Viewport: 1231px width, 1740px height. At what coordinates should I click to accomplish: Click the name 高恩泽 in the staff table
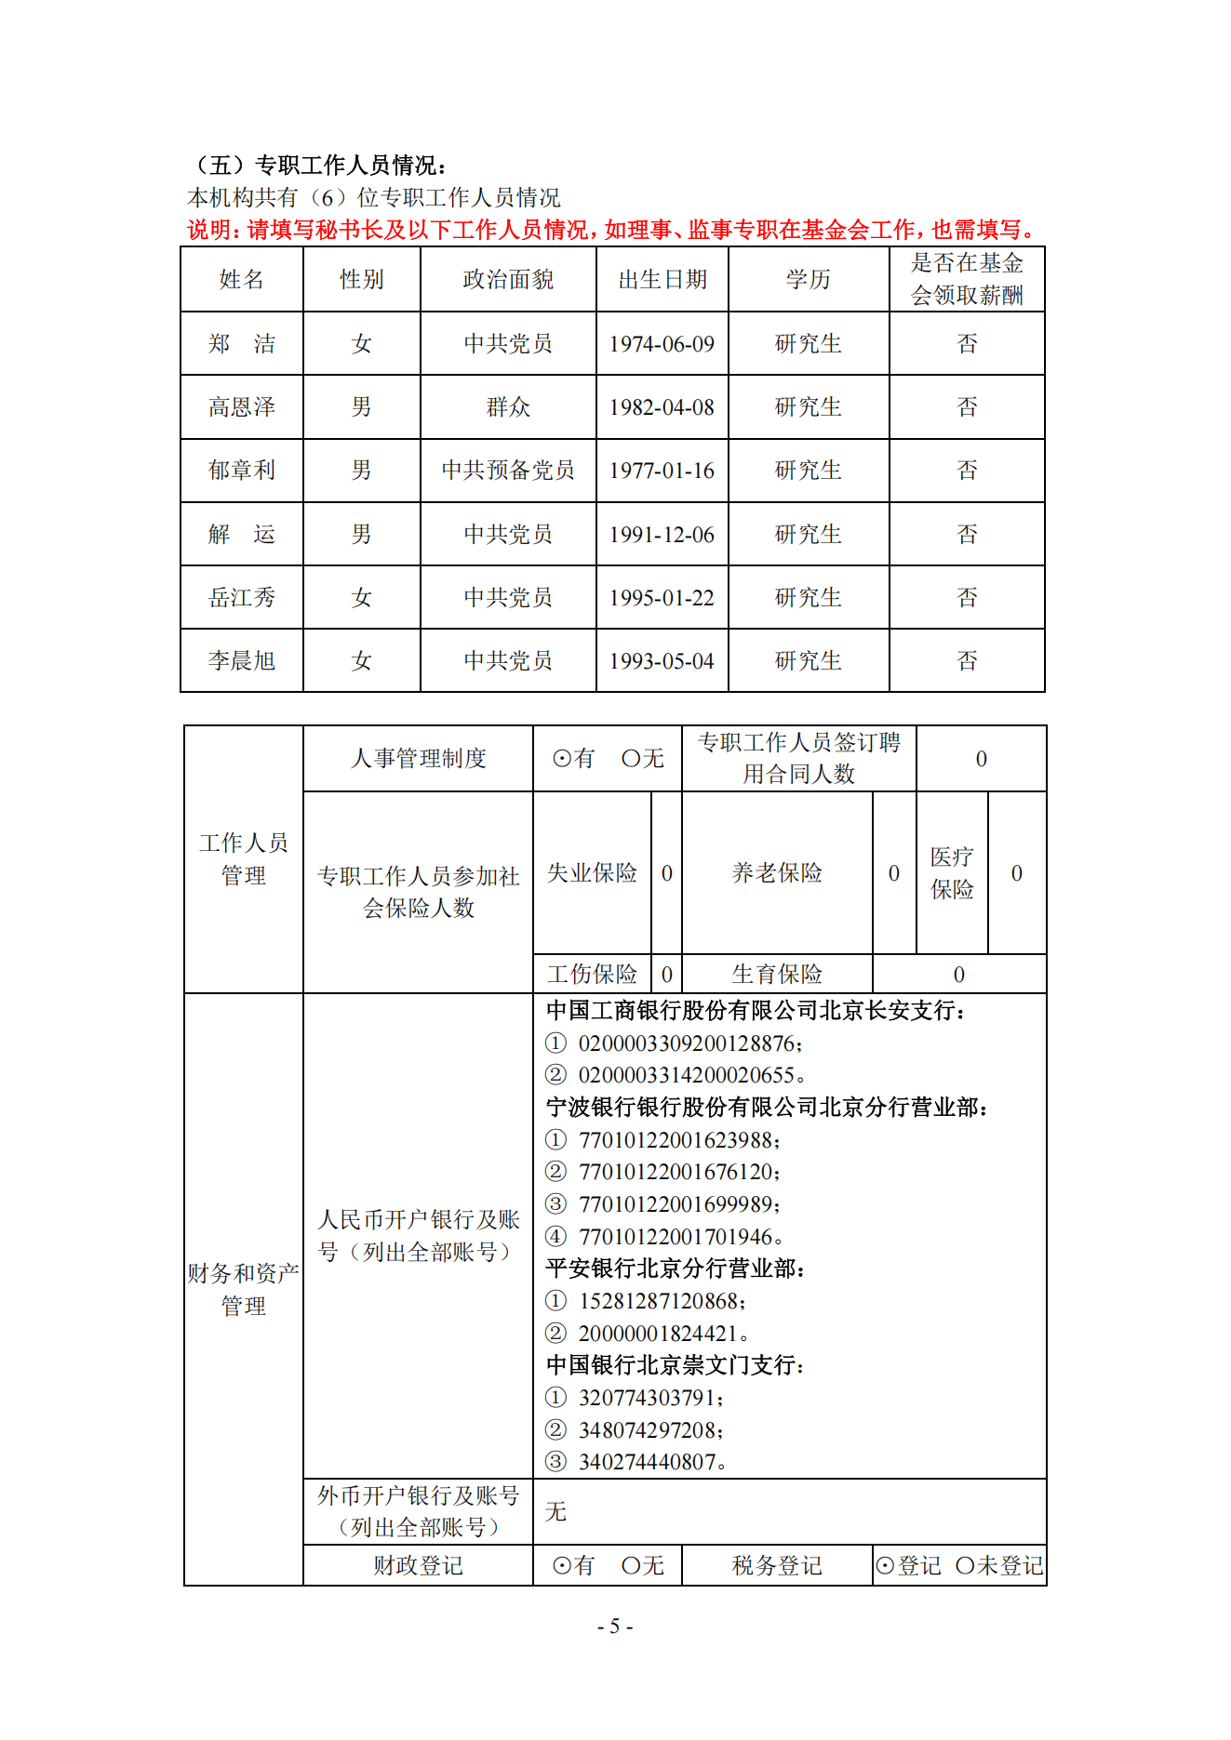pos(242,407)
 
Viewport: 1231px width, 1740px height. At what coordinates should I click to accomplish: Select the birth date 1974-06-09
pos(662,344)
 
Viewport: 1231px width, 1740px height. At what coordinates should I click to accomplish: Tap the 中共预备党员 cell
pos(508,471)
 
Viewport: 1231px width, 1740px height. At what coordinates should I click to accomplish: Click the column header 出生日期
pos(662,280)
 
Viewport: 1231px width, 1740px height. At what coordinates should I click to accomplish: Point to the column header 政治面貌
pos(508,280)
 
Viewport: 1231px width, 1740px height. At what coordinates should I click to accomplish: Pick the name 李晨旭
pos(242,661)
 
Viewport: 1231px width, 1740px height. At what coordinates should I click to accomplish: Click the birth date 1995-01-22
pos(662,598)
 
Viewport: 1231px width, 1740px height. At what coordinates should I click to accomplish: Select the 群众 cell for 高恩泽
pos(508,407)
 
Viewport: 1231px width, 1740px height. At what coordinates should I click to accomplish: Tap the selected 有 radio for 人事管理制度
pos(562,759)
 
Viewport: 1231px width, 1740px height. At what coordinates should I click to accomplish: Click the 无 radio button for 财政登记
pos(631,1566)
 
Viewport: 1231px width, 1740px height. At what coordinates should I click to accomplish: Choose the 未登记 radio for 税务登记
pos(965,1566)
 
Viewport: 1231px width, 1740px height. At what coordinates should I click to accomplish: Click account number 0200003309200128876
pos(687,1043)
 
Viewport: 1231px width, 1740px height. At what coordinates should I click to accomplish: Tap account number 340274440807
pos(648,1462)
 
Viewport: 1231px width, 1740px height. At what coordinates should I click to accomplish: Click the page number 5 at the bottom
pos(615,1627)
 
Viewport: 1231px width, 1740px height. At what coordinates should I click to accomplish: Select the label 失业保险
pos(592,873)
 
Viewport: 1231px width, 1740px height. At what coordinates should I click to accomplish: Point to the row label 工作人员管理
pos(244,858)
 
